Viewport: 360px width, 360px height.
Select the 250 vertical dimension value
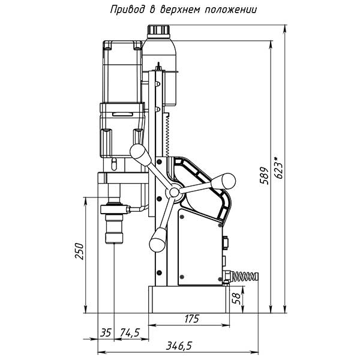coord(79,252)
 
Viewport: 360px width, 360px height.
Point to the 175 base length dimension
coord(191,319)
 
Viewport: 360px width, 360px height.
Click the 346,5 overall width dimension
coord(178,346)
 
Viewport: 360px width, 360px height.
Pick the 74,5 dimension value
coord(130,332)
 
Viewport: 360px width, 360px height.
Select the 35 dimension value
coord(106,332)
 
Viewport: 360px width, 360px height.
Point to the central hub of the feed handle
coord(173,191)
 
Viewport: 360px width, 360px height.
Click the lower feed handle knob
coord(158,241)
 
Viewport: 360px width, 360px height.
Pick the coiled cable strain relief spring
coord(245,277)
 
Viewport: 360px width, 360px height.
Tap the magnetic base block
coord(190,299)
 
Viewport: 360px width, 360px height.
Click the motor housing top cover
coord(122,45)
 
